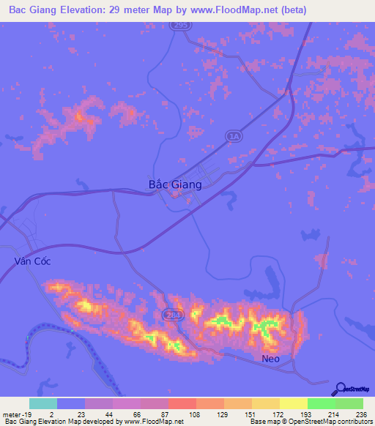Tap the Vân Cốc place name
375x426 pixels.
click(32, 261)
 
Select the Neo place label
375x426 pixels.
click(271, 359)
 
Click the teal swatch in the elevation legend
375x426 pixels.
click(43, 403)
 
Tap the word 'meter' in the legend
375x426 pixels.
click(10, 414)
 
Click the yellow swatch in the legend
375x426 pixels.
click(293, 403)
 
